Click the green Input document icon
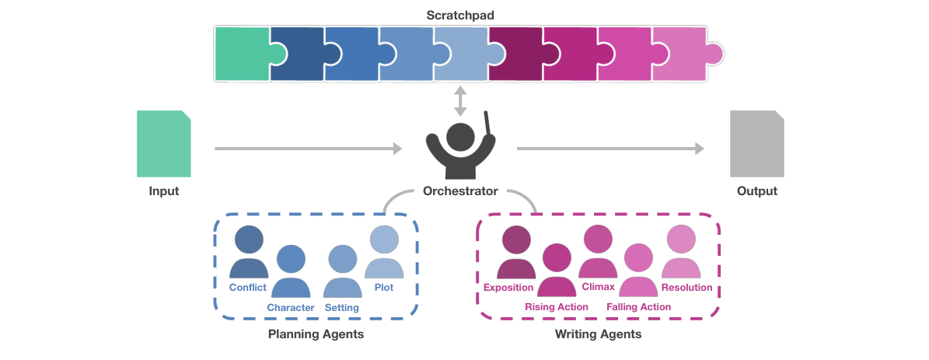[163, 143]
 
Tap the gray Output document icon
[756, 143]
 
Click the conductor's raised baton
[488, 123]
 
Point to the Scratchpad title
[459, 15]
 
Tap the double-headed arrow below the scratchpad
[460, 101]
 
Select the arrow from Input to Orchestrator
[308, 148]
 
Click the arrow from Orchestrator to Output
[610, 148]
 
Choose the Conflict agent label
[248, 288]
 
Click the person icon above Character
[291, 270]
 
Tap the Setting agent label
[342, 308]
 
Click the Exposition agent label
[508, 288]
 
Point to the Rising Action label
[557, 307]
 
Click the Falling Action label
[639, 307]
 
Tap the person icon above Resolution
[682, 251]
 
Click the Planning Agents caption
[316, 334]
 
